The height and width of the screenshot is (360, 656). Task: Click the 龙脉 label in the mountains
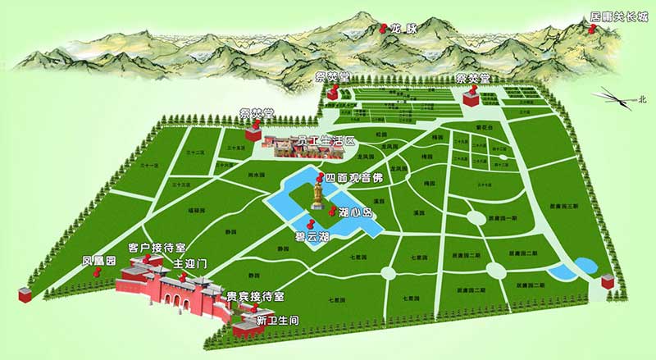pyautogui.click(x=403, y=27)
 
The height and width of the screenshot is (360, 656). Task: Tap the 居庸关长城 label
pyautogui.click(x=619, y=16)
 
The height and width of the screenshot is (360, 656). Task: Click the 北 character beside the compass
pyautogui.click(x=643, y=99)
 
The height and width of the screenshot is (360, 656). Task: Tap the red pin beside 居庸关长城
pyautogui.click(x=589, y=27)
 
